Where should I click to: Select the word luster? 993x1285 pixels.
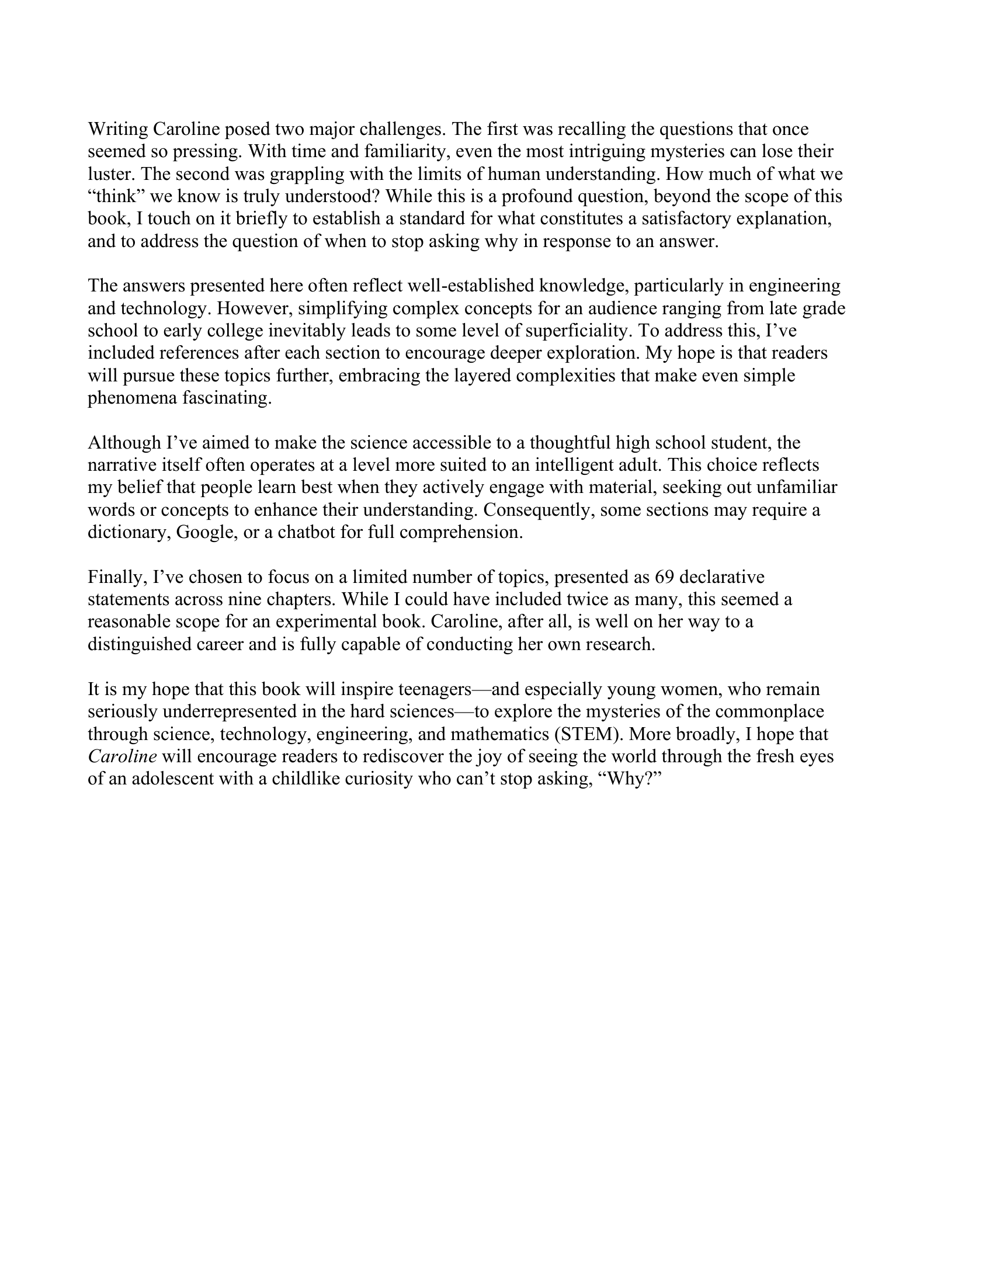[111, 174]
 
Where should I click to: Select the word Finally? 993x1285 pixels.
[117, 577]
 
